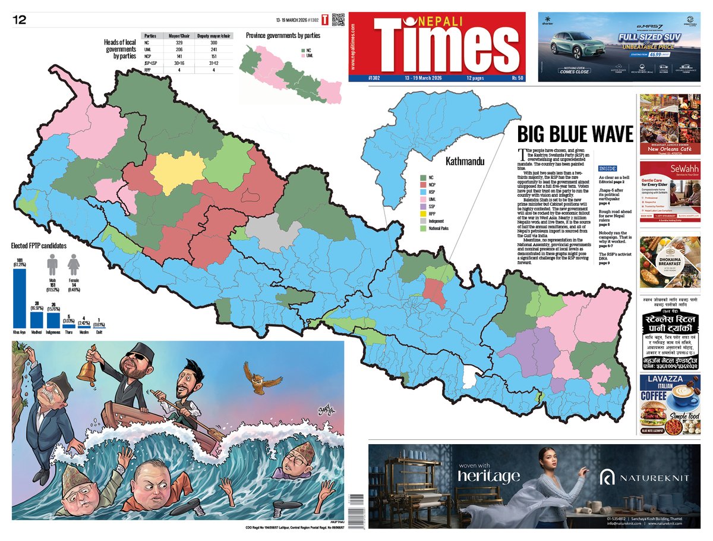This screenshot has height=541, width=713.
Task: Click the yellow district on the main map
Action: (x=177, y=171)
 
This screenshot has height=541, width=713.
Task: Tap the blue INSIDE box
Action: (x=607, y=168)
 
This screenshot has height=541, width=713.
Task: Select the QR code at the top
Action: (x=337, y=20)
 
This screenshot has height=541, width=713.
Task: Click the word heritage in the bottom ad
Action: (x=488, y=476)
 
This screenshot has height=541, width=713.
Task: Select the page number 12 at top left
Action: (x=20, y=20)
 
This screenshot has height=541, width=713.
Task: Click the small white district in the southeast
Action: (x=470, y=376)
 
